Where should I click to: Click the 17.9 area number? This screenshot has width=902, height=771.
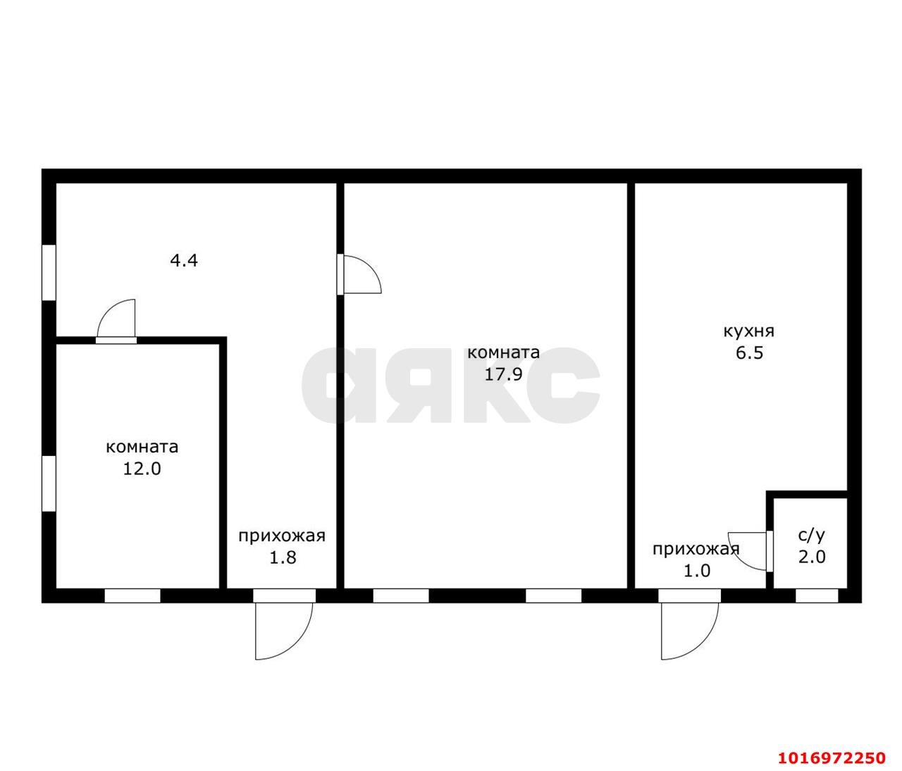click(x=503, y=374)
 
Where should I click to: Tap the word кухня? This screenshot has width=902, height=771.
click(x=749, y=332)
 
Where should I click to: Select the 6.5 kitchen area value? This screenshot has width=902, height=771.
click(x=749, y=353)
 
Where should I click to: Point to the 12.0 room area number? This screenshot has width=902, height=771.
click(x=142, y=469)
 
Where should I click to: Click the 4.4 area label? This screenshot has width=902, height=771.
click(x=184, y=261)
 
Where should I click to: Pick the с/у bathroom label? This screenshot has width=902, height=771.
click(x=812, y=535)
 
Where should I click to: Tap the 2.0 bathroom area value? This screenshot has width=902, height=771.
click(x=812, y=557)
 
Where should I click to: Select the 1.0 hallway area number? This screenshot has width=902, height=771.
click(x=696, y=571)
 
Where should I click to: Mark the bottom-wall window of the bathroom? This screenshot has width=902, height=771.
click(x=817, y=596)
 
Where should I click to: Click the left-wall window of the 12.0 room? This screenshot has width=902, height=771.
click(x=49, y=483)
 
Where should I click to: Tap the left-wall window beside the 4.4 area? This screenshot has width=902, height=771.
click(x=49, y=272)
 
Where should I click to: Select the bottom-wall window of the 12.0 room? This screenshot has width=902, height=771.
click(x=132, y=596)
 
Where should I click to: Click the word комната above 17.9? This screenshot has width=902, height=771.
click(x=503, y=352)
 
